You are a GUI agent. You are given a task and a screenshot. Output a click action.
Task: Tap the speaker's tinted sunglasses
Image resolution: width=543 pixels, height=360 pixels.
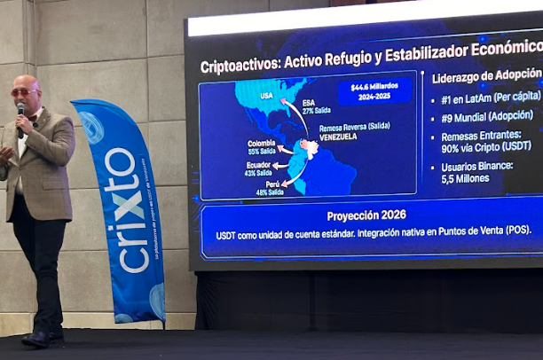tap(24, 92)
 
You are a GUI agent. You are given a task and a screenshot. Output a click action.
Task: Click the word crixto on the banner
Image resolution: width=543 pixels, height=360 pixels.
tap(125, 210)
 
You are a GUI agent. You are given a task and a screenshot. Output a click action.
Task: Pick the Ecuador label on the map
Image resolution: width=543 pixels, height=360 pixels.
tap(257, 166)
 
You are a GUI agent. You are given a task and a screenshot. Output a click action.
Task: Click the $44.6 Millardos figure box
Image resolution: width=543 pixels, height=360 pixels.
tap(374, 91)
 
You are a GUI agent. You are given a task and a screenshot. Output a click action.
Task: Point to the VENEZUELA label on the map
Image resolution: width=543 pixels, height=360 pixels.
tap(337, 137)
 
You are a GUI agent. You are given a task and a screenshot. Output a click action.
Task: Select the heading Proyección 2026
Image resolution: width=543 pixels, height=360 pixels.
tap(366, 215)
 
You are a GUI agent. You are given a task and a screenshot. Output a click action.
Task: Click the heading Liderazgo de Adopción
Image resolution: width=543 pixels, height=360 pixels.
tap(486, 77)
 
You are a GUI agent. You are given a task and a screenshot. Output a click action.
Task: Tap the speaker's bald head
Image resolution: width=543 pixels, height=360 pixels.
tap(27, 82)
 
